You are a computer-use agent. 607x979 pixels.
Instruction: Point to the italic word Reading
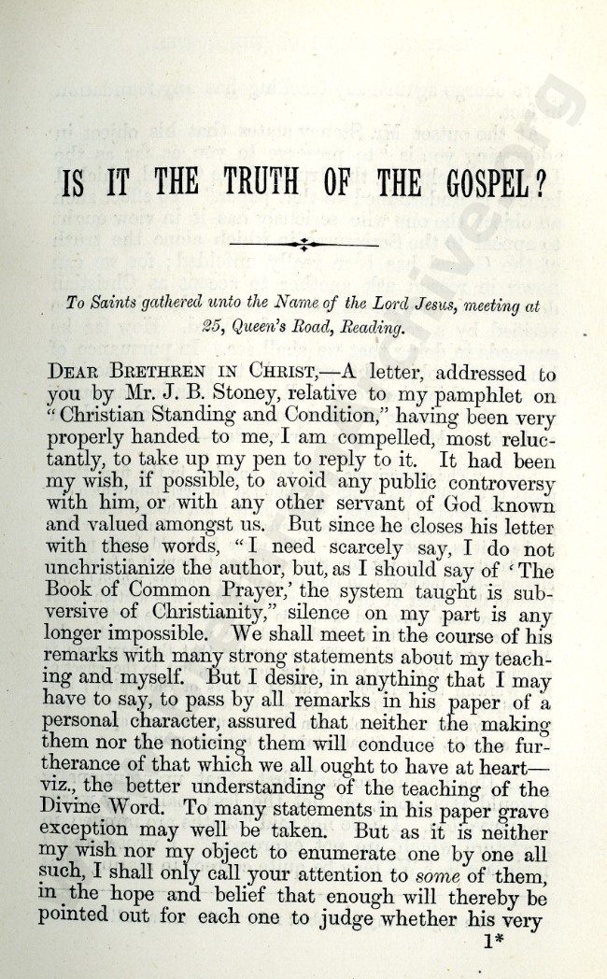tap(366, 328)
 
